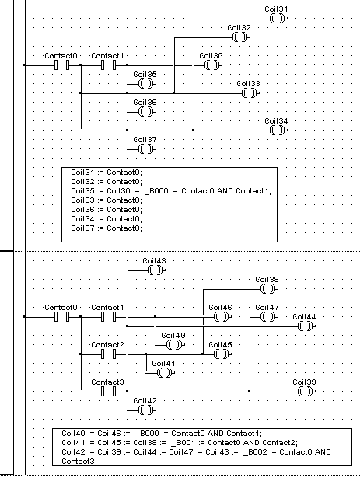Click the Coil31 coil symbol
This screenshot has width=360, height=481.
[278, 19]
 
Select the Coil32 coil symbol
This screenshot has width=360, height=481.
[241, 37]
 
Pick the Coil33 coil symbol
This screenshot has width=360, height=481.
[250, 93]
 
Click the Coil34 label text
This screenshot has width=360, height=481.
[276, 121]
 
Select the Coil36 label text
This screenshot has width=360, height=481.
[145, 102]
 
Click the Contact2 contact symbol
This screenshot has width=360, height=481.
[109, 354]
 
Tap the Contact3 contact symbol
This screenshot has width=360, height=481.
[109, 392]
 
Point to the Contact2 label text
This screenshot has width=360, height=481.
[107, 345]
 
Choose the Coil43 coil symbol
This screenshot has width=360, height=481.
[156, 270]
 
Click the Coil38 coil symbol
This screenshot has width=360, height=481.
[269, 289]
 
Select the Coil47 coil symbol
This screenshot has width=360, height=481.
[269, 317]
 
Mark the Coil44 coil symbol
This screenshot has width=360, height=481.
[306, 326]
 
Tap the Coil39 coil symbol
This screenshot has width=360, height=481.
[306, 392]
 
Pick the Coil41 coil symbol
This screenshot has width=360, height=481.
[166, 373]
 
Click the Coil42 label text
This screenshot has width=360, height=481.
[145, 401]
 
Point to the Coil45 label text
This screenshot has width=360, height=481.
[220, 345]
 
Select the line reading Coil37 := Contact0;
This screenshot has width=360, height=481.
[107, 228]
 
